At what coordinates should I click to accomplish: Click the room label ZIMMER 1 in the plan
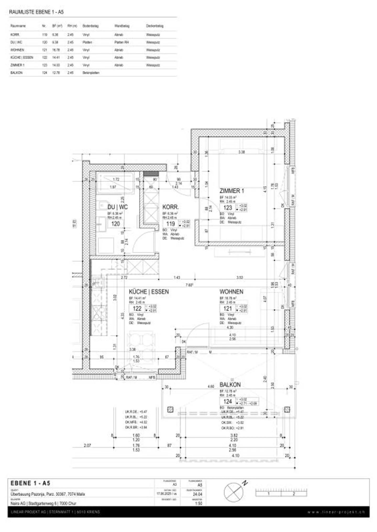[231, 191]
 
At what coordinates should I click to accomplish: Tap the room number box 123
[228, 208]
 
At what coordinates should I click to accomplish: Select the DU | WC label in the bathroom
[118, 207]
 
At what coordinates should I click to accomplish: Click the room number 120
[115, 224]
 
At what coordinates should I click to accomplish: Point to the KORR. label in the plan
[170, 207]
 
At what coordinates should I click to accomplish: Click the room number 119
[170, 224]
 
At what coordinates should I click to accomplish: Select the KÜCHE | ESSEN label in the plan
[149, 292]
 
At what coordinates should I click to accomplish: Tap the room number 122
[137, 308]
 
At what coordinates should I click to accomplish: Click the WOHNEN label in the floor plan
[231, 292]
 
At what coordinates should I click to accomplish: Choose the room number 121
[228, 308]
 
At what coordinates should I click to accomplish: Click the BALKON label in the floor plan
[230, 385]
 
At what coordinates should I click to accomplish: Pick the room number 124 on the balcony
[228, 402]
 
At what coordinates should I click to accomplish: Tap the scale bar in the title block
[281, 493]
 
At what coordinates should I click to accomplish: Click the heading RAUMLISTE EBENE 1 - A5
[36, 12]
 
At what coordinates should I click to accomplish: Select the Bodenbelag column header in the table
[90, 26]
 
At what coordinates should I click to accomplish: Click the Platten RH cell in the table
[121, 42]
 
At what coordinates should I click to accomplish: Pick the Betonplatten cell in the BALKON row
[91, 73]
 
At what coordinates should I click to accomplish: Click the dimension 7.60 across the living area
[189, 285]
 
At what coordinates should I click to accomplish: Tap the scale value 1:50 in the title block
[198, 503]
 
